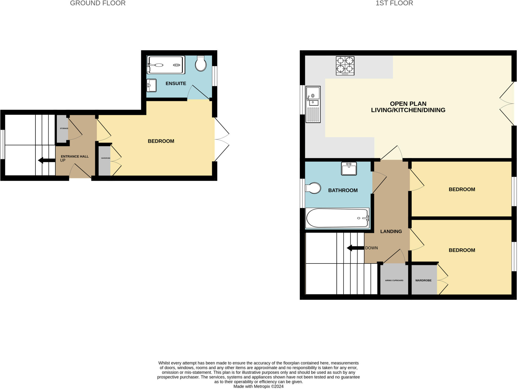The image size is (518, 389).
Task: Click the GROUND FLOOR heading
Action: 98,3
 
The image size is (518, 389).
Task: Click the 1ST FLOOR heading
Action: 394,3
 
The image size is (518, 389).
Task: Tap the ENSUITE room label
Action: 176,84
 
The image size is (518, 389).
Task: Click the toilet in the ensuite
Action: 201,64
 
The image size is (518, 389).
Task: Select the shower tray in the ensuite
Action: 166,65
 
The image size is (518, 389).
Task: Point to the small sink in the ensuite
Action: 152,85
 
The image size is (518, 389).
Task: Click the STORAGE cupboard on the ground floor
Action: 62,129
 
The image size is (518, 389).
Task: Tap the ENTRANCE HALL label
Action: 75,156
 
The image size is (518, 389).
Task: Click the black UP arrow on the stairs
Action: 47,160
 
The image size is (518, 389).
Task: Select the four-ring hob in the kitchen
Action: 345,66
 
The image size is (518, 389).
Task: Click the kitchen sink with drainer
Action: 313,104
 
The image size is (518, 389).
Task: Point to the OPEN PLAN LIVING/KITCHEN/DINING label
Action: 408,107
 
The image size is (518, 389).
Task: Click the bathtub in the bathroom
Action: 337,218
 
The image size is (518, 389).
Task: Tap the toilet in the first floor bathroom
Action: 313,188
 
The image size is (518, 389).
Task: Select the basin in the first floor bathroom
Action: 349,169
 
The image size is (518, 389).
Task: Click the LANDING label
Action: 391,231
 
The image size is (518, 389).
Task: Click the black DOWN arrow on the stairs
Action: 355,248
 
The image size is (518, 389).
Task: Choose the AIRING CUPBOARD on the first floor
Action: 394,280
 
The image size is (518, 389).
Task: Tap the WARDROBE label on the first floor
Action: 423,280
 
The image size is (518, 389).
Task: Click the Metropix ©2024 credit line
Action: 258,386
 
